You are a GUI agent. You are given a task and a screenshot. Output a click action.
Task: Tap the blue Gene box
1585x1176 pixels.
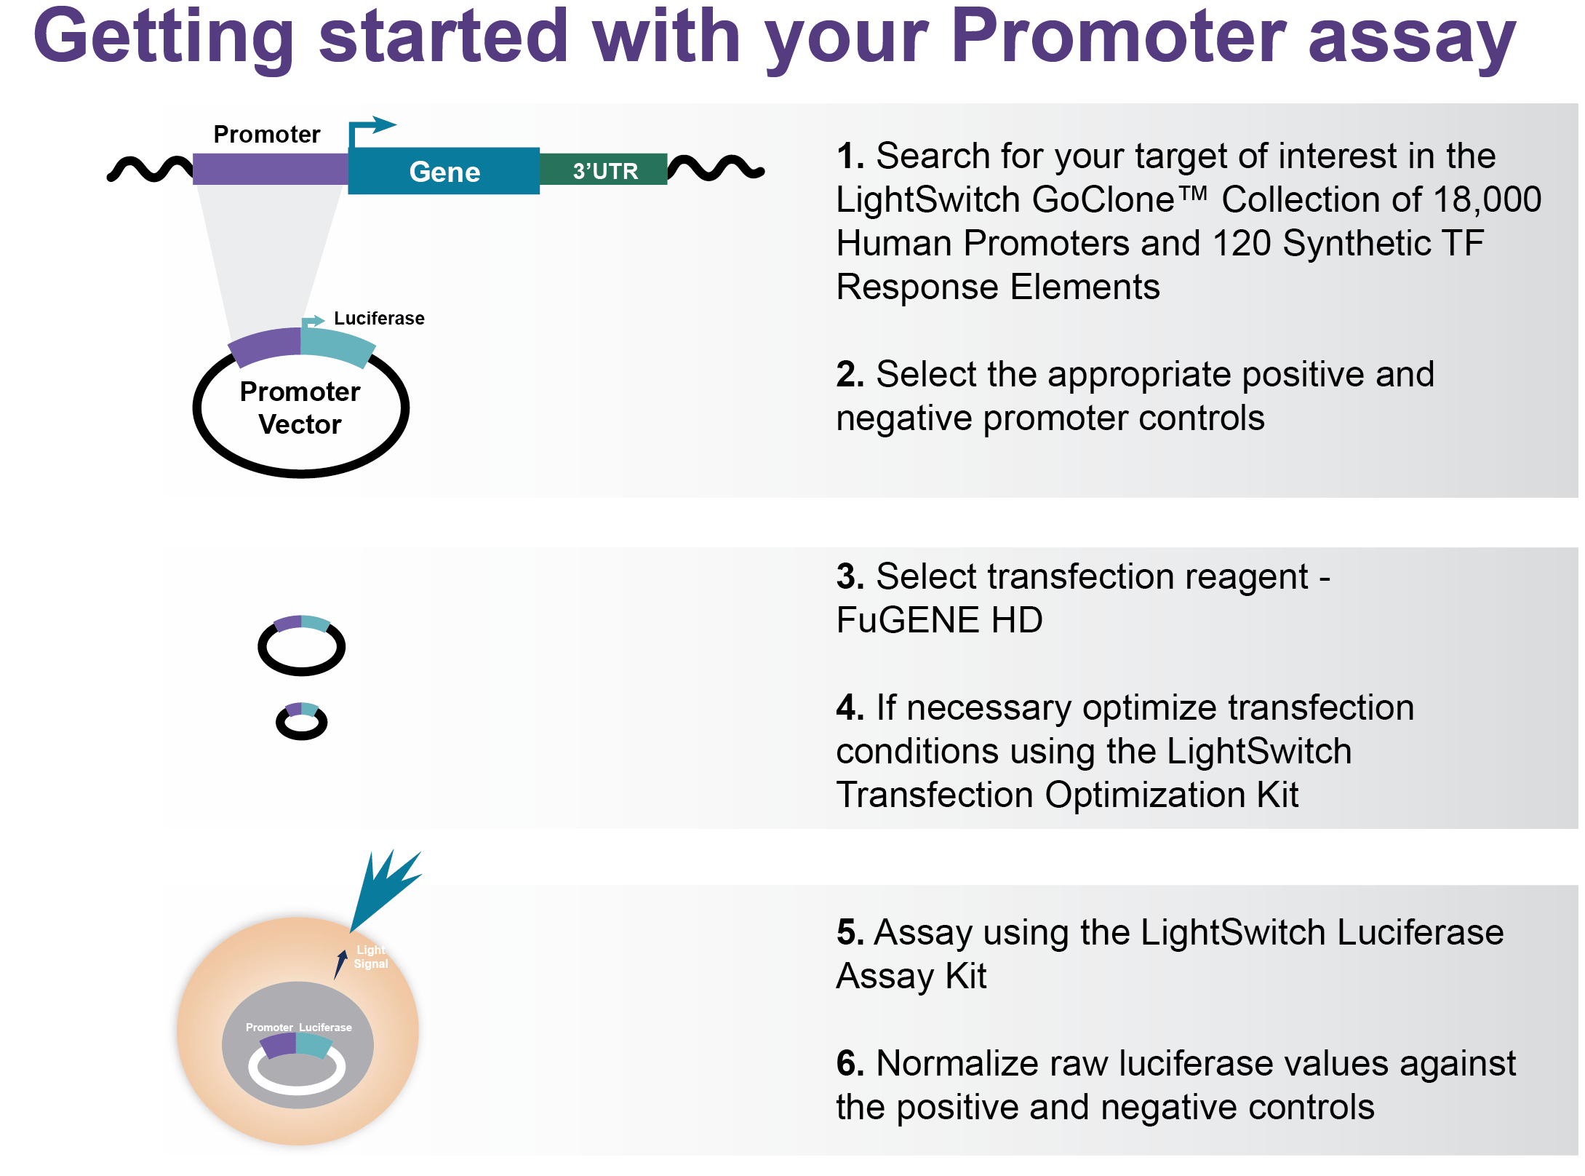coord(444,171)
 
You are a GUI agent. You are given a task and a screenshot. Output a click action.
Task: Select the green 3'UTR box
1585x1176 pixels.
coord(604,170)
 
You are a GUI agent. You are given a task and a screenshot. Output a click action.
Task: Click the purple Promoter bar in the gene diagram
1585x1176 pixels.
coord(270,168)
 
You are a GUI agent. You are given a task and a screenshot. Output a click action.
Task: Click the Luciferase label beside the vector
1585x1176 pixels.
coord(378,318)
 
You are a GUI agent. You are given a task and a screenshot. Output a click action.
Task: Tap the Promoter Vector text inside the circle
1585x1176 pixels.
coord(300,408)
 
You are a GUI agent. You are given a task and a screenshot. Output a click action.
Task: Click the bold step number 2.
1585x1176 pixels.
coord(850,375)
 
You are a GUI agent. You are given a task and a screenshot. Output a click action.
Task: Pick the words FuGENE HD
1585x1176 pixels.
coord(939,620)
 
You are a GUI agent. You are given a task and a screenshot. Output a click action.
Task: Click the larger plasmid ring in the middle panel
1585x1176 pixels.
coord(301,647)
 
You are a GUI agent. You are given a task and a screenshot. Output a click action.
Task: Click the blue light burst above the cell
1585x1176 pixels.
coord(386,888)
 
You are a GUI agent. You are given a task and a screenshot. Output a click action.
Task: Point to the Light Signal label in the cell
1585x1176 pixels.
coord(370,957)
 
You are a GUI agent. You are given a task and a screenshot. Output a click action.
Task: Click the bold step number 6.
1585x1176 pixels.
coord(850,1064)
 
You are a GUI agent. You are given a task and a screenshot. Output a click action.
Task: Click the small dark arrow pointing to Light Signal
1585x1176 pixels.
coord(340,964)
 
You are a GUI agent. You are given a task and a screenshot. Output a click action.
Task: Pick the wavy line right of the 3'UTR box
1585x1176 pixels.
coord(716,168)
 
